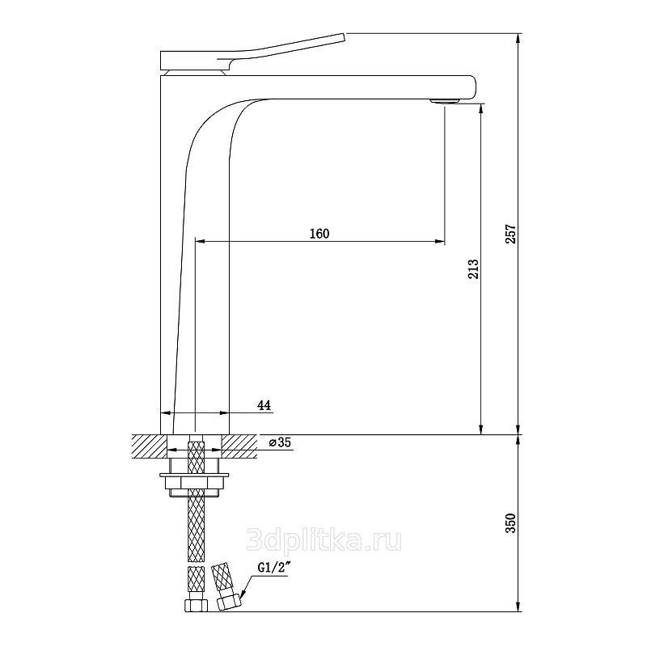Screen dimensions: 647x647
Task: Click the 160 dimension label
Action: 319,234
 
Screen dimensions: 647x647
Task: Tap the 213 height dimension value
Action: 473,269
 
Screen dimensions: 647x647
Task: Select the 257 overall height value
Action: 511,234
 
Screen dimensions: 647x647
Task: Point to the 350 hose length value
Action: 511,522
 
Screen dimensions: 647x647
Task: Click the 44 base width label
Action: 264,405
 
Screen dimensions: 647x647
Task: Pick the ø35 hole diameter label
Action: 280,442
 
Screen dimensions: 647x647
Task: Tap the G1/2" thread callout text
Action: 273,568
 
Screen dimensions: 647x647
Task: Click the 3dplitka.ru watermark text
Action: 323,541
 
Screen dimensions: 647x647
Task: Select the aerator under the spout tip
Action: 445,101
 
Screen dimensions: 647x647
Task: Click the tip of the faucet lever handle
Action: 342,36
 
